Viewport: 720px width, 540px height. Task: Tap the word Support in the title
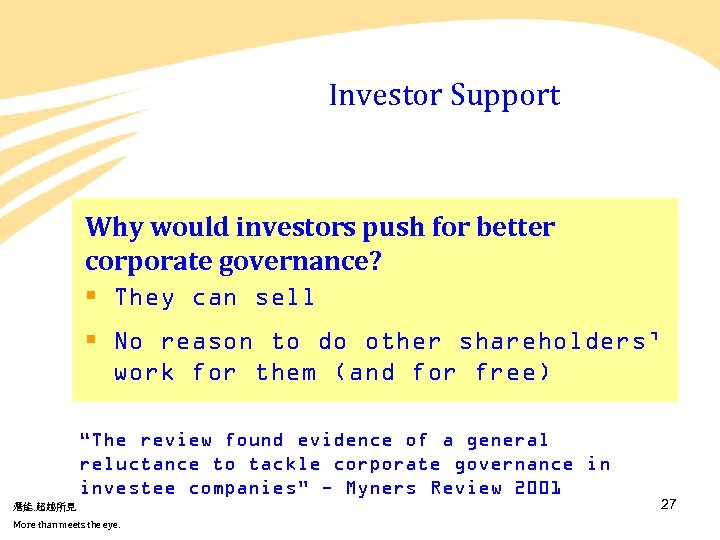click(505, 96)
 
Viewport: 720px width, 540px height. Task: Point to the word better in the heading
click(515, 227)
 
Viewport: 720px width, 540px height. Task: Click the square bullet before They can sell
click(91, 297)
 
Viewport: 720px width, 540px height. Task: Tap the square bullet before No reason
click(91, 341)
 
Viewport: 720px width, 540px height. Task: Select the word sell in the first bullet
click(285, 298)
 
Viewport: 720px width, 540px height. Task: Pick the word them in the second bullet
click(286, 373)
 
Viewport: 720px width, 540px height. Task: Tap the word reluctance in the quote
click(139, 464)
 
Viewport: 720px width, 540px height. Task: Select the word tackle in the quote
click(285, 464)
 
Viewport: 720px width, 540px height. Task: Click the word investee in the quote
click(127, 488)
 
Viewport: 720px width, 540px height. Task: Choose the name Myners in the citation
click(382, 488)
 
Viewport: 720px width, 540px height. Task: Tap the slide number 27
click(669, 504)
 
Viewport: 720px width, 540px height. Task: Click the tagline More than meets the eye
click(66, 525)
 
